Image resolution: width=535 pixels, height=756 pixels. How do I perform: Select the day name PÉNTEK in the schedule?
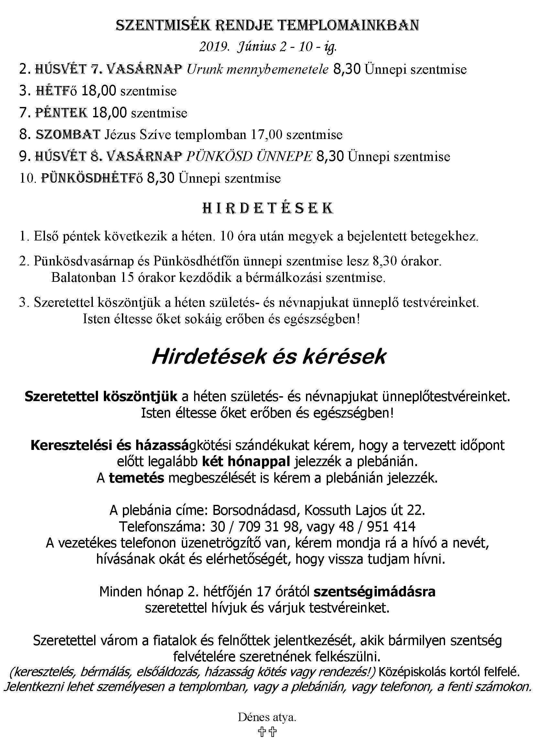click(x=61, y=113)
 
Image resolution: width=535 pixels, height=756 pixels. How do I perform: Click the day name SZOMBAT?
click(x=68, y=135)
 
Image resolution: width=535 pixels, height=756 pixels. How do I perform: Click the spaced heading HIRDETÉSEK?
click(x=267, y=208)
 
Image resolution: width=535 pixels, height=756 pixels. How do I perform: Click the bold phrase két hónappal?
click(x=246, y=462)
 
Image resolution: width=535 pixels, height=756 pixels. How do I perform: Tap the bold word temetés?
click(x=136, y=478)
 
